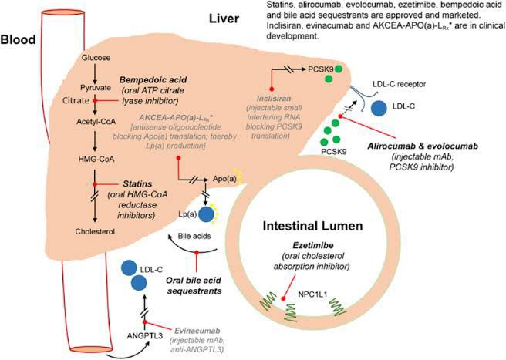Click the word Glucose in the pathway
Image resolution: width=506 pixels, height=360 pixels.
[x=95, y=57]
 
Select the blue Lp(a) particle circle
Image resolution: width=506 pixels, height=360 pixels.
[x=207, y=214]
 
